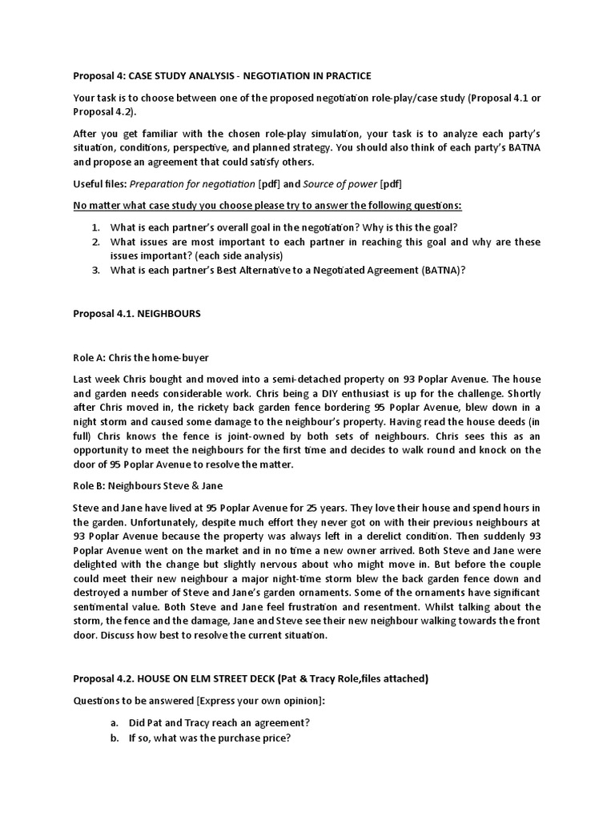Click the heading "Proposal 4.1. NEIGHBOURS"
(137, 314)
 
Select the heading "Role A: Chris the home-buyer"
(141, 357)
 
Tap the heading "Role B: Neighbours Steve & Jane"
(147, 485)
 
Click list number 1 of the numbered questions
(94, 227)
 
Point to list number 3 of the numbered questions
(94, 271)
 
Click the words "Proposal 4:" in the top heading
(99, 76)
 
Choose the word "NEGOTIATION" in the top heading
(284, 76)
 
